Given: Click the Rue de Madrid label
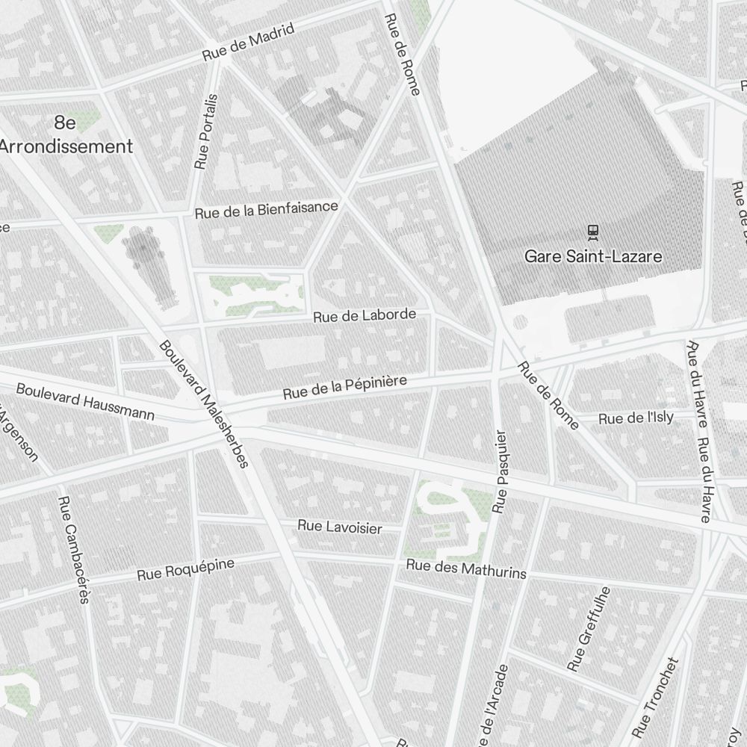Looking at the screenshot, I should click(249, 43).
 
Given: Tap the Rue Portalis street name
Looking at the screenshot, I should click(205, 131).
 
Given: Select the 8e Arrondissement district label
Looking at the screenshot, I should click(66, 134).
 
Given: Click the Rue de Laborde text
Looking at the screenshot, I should click(365, 315).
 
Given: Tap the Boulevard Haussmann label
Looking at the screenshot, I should click(85, 402).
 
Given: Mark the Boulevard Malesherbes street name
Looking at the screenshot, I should click(203, 404).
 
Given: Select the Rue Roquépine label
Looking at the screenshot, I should click(185, 569).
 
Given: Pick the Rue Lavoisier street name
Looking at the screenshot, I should click(339, 527).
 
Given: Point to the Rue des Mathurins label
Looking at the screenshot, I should click(466, 569).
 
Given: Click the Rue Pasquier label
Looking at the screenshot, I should click(501, 471).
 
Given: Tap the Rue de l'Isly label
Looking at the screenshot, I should click(636, 418).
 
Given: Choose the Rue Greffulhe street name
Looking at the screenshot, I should click(589, 628).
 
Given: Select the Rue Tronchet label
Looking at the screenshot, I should click(656, 696).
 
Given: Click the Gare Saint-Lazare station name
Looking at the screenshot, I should click(593, 257).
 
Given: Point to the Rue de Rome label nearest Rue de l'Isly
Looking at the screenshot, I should click(548, 396).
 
